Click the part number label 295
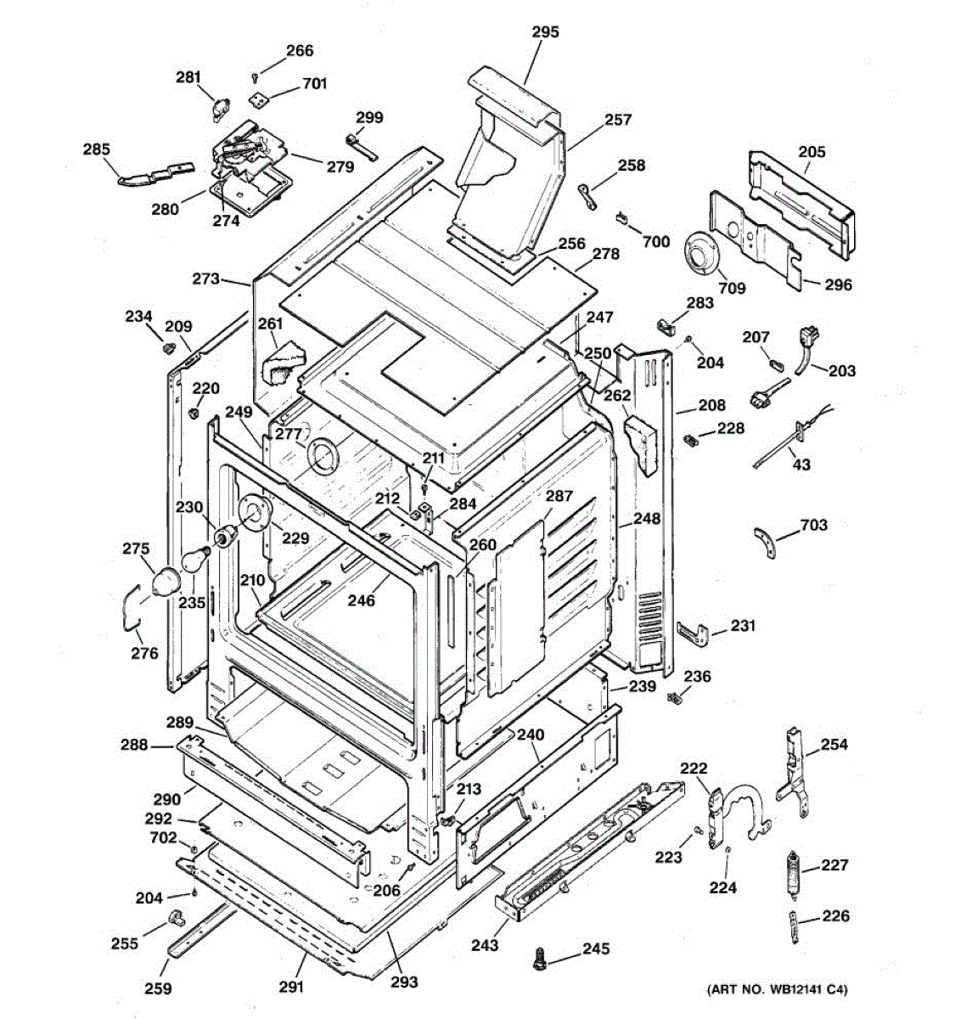click(x=545, y=31)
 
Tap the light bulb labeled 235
click(x=196, y=560)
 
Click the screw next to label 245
click(x=539, y=959)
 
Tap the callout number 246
click(x=362, y=600)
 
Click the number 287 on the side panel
click(x=559, y=496)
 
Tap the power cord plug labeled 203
click(x=806, y=349)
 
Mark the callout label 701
click(x=315, y=83)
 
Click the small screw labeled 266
click(x=255, y=78)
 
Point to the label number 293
click(x=404, y=982)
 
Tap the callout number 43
click(x=801, y=464)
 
